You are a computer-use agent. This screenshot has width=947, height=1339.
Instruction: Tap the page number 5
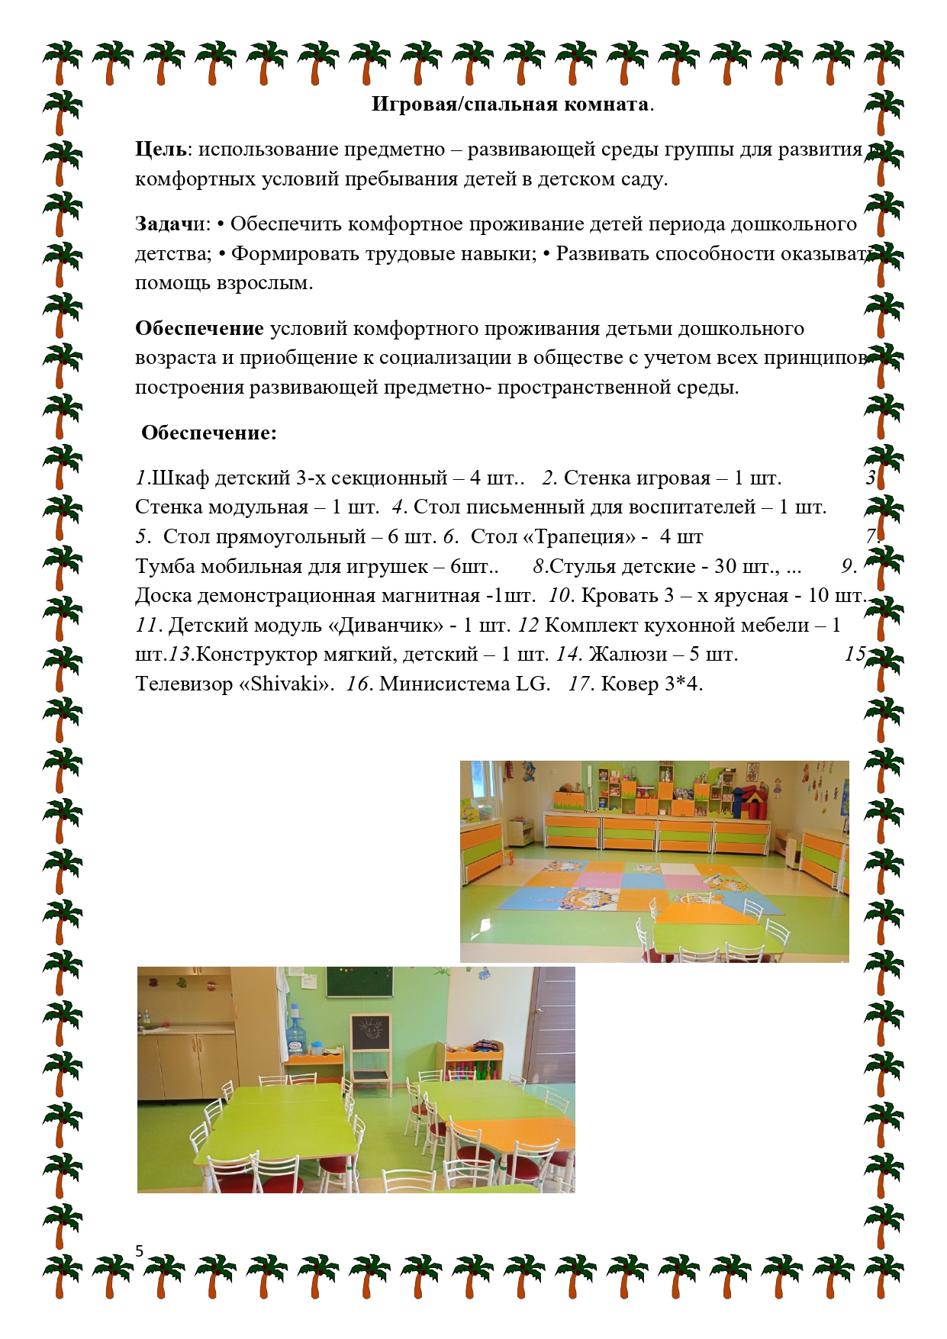tap(139, 1250)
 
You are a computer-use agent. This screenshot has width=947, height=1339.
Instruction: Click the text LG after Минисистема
tap(532, 684)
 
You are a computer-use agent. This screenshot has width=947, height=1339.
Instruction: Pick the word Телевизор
tap(184, 684)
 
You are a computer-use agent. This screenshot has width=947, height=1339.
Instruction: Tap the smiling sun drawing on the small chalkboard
tap(370, 1033)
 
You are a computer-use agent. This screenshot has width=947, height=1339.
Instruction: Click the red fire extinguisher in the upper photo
tap(510, 783)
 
